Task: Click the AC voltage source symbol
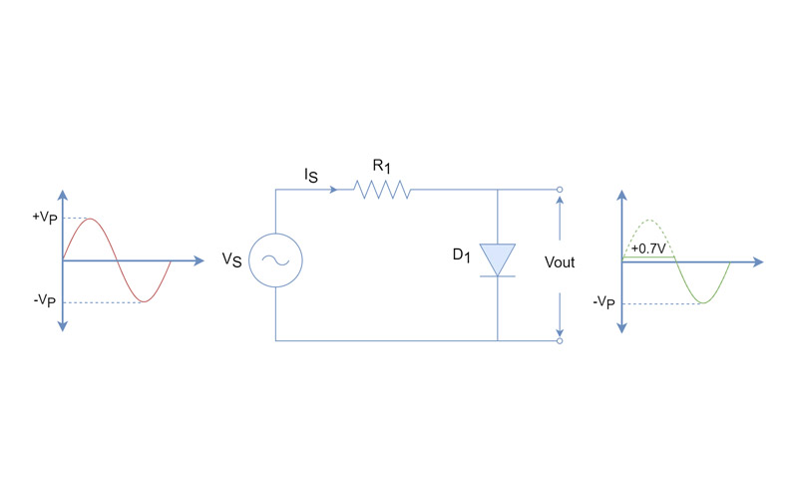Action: [274, 261]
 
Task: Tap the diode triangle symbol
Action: [497, 258]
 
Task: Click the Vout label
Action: [560, 262]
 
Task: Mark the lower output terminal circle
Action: [560, 341]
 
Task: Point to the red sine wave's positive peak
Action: [91, 219]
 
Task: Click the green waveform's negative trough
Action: [703, 302]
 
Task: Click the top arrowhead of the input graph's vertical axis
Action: [63, 195]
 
